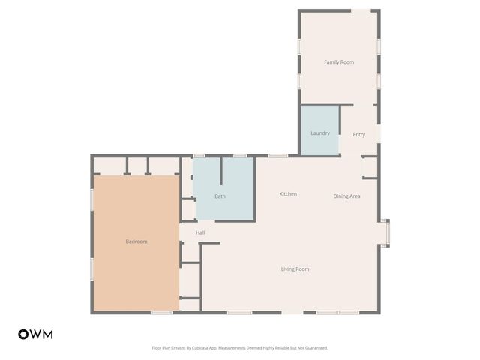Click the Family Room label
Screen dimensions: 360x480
[339, 61]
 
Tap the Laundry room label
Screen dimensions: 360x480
[320, 133]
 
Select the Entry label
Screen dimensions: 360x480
[359, 134]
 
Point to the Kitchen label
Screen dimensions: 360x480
[288, 194]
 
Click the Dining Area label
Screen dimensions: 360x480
[347, 196]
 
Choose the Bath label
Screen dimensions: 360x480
[220, 196]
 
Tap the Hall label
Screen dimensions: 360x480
[200, 232]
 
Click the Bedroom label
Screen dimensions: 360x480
[136, 241]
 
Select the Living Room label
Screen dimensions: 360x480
[295, 268]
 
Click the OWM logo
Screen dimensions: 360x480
[35, 334]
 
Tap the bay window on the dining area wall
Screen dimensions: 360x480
[385, 232]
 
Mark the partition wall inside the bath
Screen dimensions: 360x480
[221, 172]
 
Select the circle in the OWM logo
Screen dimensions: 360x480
[23, 334]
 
